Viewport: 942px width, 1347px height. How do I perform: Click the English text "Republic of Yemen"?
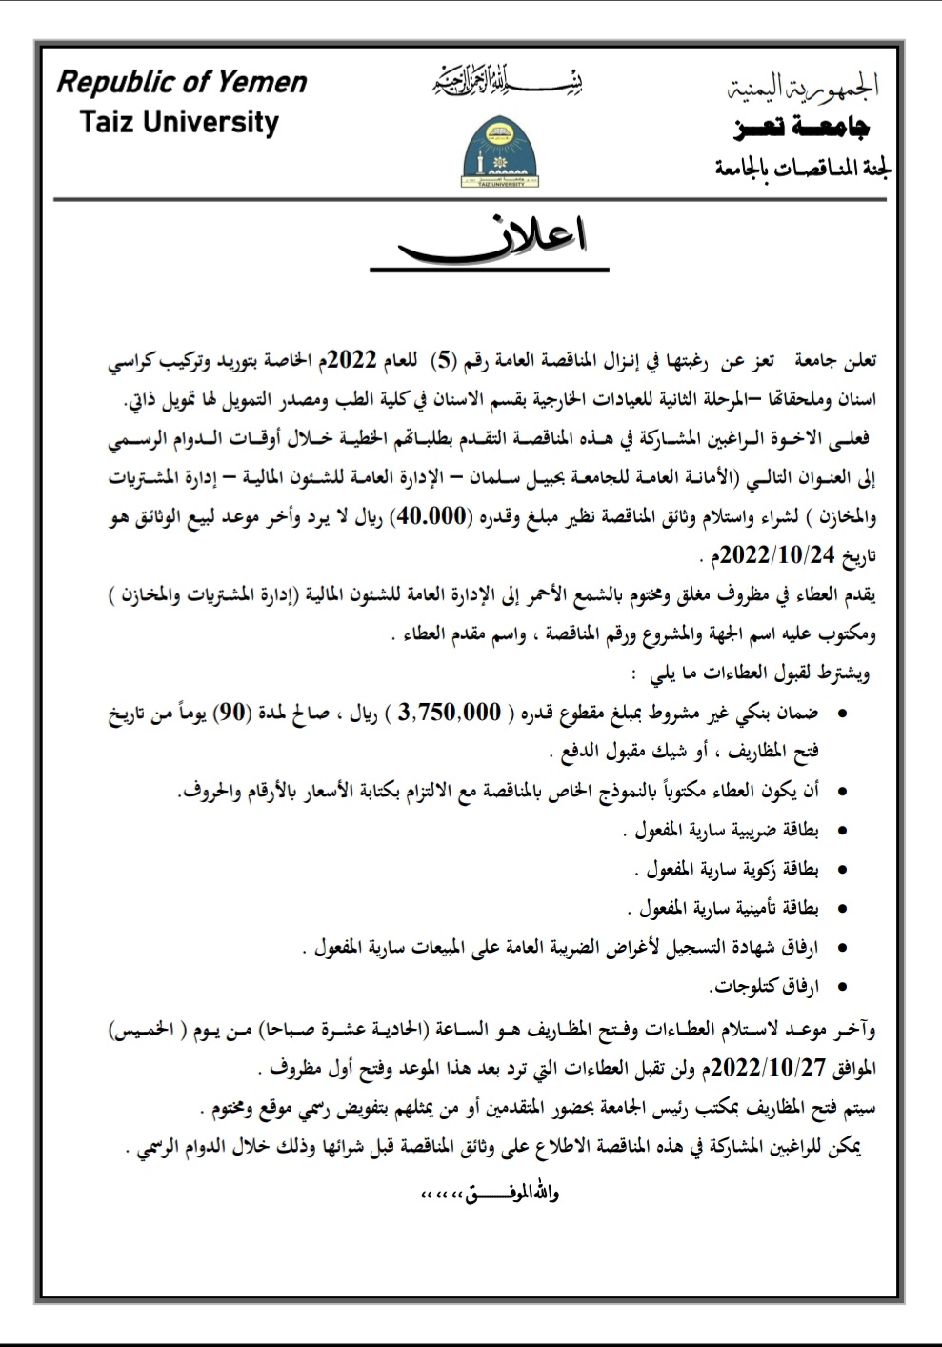[x=182, y=83]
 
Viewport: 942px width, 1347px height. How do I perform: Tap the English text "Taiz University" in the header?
[x=179, y=123]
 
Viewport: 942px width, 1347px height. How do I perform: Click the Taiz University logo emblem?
[x=493, y=152]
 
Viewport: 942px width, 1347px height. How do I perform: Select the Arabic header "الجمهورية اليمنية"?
[x=802, y=89]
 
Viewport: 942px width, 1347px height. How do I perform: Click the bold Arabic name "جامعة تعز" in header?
[x=802, y=128]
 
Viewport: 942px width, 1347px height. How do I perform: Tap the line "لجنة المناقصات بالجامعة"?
[x=802, y=170]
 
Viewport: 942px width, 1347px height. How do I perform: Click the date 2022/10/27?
[x=771, y=1066]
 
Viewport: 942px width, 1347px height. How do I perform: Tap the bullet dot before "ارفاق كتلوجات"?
[x=841, y=988]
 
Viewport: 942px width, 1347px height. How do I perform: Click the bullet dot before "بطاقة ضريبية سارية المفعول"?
[x=841, y=832]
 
